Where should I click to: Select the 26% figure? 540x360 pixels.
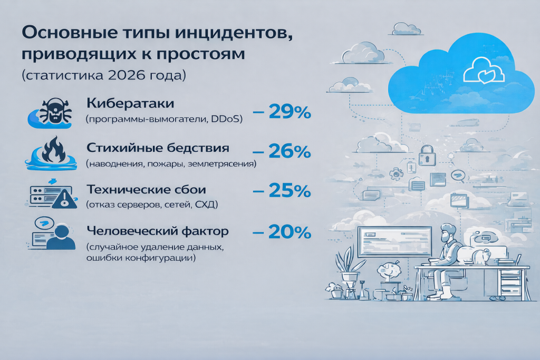click(290, 151)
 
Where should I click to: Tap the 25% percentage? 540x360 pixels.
click(290, 191)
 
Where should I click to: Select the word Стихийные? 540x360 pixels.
click(115, 148)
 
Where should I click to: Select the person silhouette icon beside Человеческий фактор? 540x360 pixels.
click(60, 237)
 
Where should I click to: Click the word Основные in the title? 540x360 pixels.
click(62, 32)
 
